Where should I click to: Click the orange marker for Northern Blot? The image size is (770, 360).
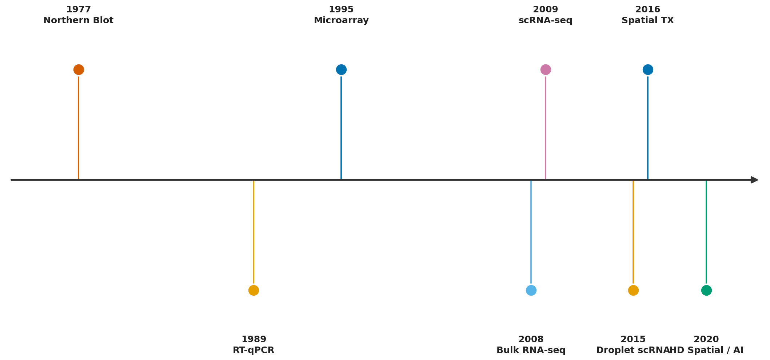pyautogui.click(x=79, y=69)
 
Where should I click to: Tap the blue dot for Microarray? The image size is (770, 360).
pyautogui.click(x=341, y=69)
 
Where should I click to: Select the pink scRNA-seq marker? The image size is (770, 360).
pyautogui.click(x=546, y=69)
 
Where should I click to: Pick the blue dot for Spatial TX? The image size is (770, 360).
pyautogui.click(x=648, y=69)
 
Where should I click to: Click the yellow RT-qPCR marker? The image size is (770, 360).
pyautogui.click(x=254, y=290)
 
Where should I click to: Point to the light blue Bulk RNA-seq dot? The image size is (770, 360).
pyautogui.click(x=531, y=290)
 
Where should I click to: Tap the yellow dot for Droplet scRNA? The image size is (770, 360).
pyautogui.click(x=633, y=290)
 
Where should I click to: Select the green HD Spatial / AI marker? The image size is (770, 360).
pyautogui.click(x=706, y=290)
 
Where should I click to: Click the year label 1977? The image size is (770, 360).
pyautogui.click(x=79, y=10)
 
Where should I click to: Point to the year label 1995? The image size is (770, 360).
pyautogui.click(x=341, y=10)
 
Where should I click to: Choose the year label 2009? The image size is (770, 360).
pyautogui.click(x=546, y=10)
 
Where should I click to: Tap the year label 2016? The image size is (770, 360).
pyautogui.click(x=648, y=10)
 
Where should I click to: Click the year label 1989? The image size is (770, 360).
pyautogui.click(x=254, y=339)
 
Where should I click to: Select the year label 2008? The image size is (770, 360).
pyautogui.click(x=531, y=339)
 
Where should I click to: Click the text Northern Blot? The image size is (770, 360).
pyautogui.click(x=79, y=21)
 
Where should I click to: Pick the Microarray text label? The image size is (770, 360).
pyautogui.click(x=341, y=21)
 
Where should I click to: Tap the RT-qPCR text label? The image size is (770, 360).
pyautogui.click(x=254, y=350)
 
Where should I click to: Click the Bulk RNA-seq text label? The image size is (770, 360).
pyautogui.click(x=531, y=350)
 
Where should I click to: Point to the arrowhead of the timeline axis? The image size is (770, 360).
pyautogui.click(x=754, y=180)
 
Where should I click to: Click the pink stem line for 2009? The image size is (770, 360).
pyautogui.click(x=546, y=127)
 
